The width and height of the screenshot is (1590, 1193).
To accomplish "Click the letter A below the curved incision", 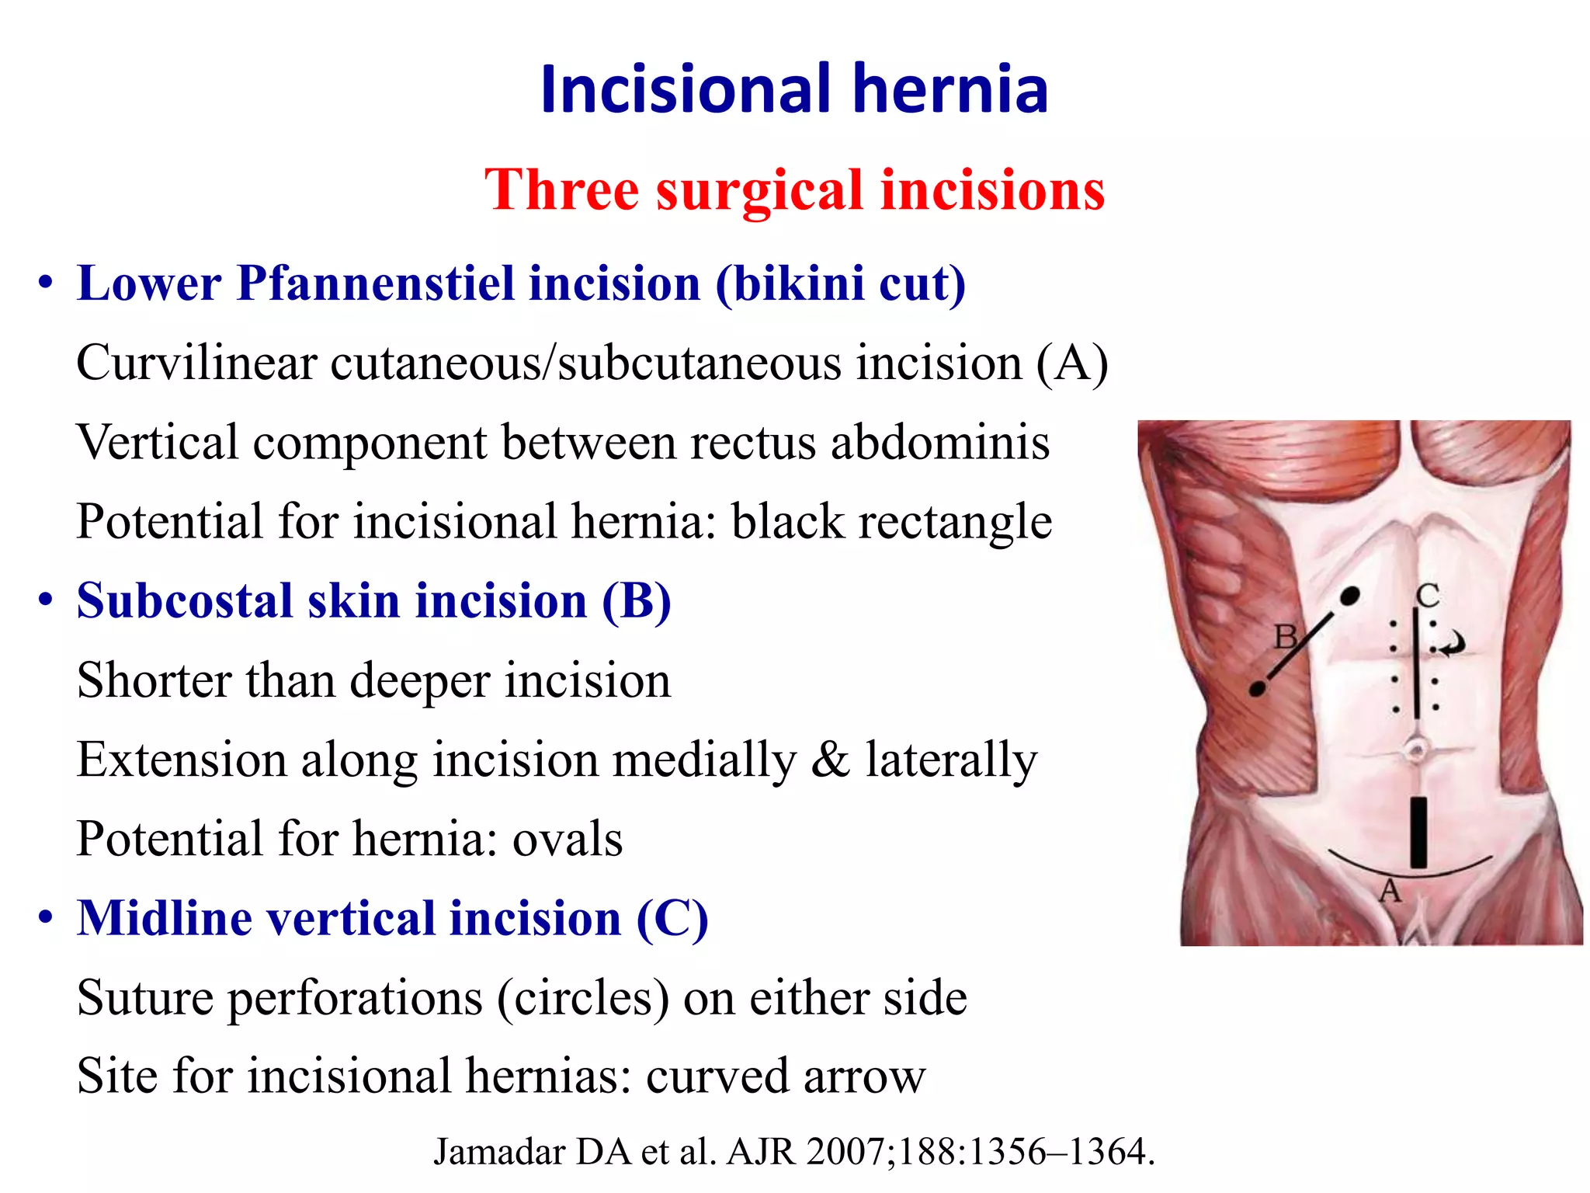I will tap(1390, 892).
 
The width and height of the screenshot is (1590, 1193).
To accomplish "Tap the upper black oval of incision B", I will tap(1350, 596).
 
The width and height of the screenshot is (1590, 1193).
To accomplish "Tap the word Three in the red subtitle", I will tap(561, 190).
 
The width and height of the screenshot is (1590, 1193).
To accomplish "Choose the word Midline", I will tap(165, 919).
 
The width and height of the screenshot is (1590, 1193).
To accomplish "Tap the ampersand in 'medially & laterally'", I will tap(831, 760).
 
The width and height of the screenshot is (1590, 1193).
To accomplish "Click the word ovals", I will tap(568, 839).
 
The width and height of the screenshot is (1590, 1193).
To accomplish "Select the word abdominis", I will tap(940, 442).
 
